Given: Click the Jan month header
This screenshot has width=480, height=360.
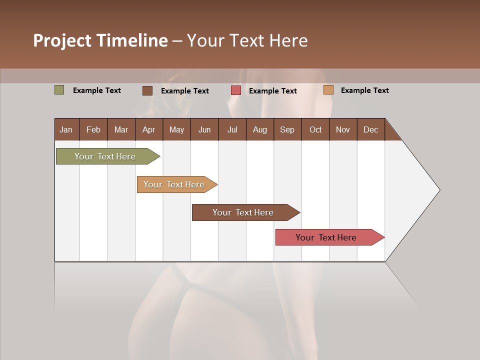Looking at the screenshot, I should click(x=66, y=129).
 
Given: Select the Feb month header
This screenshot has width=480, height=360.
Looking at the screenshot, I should click(x=93, y=129).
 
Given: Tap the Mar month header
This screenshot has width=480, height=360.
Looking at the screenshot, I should click(x=121, y=129).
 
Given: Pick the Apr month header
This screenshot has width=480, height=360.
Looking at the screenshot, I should click(x=149, y=129).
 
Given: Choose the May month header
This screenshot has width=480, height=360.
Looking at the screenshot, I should click(x=176, y=129).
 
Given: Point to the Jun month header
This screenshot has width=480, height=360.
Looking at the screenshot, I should click(x=204, y=129).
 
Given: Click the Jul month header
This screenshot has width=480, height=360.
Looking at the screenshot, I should click(x=232, y=129).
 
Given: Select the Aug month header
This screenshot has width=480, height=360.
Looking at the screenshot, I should click(x=260, y=129).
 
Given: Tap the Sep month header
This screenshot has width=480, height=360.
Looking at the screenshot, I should click(x=287, y=129).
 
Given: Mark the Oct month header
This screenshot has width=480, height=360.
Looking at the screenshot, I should click(x=315, y=129).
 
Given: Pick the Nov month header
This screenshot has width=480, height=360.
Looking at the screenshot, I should click(x=343, y=129).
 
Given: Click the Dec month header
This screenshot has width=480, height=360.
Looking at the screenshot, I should click(x=371, y=129).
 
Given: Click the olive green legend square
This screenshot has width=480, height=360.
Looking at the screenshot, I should click(x=59, y=90).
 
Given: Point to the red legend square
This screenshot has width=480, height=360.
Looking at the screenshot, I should click(x=236, y=90).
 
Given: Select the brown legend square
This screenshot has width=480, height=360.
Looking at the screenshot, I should click(x=147, y=90).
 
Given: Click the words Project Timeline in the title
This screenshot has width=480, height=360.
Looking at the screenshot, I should click(x=100, y=40).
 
